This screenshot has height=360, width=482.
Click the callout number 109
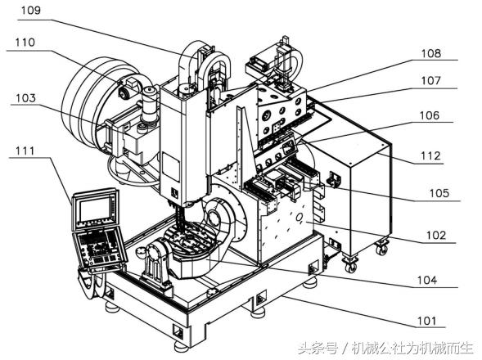pos(30,11)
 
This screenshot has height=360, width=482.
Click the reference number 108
pos(431,54)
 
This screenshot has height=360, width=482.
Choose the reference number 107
pos(431,81)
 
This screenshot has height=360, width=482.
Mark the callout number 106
pos(431,116)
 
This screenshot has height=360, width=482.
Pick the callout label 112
pos(431,155)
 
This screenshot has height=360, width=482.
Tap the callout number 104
pos(426,280)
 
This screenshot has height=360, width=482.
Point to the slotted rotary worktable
pos(192,245)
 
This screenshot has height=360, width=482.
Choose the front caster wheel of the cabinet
pos(351,265)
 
